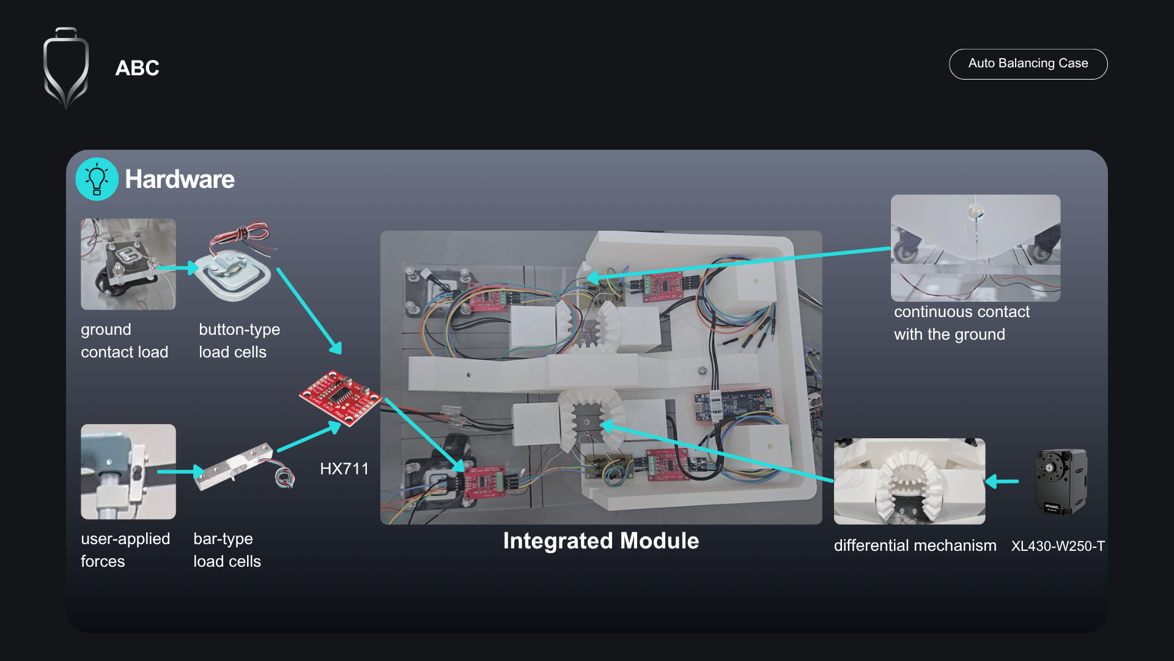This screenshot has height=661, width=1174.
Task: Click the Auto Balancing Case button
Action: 1028,64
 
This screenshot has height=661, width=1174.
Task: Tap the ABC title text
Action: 137,68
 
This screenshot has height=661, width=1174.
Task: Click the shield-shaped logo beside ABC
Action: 66,67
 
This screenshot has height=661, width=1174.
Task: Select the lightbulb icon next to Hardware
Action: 97,179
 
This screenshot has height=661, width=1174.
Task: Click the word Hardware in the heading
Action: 180,179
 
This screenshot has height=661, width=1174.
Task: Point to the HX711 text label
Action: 344,469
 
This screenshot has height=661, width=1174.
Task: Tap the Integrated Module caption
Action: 600,541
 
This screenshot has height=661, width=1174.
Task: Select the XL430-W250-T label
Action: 1058,546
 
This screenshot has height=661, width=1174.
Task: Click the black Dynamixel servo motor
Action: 1061,482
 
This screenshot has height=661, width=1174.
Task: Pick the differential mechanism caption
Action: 915,545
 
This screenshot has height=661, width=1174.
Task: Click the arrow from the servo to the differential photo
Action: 1003,482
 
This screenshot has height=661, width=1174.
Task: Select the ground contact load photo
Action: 128,264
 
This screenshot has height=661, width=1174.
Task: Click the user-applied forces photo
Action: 128,471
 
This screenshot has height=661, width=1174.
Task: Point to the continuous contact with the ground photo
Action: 975,248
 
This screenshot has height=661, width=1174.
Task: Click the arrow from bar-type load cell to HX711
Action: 309,438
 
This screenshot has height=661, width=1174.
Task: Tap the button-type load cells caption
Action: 239,341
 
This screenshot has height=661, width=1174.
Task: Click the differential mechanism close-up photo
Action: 909,481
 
